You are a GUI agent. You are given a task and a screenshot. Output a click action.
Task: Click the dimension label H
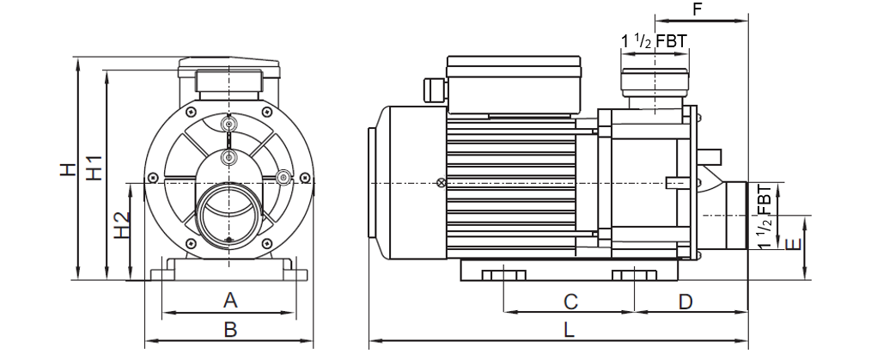(68, 169)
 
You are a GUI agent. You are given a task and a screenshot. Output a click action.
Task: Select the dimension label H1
(94, 167)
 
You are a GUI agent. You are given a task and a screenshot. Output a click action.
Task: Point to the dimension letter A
(230, 301)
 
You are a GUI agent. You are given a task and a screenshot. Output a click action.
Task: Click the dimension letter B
(230, 329)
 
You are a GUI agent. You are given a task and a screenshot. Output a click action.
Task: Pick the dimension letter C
(570, 302)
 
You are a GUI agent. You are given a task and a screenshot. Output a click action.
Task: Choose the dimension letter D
(686, 302)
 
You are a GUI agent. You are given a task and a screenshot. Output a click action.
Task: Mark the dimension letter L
(568, 330)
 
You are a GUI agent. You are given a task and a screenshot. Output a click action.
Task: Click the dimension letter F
(697, 9)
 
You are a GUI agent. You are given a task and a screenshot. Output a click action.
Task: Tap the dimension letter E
(794, 244)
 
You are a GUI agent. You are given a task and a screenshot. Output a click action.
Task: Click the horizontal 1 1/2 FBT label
(654, 41)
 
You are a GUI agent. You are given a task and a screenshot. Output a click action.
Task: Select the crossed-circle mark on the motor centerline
(442, 182)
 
